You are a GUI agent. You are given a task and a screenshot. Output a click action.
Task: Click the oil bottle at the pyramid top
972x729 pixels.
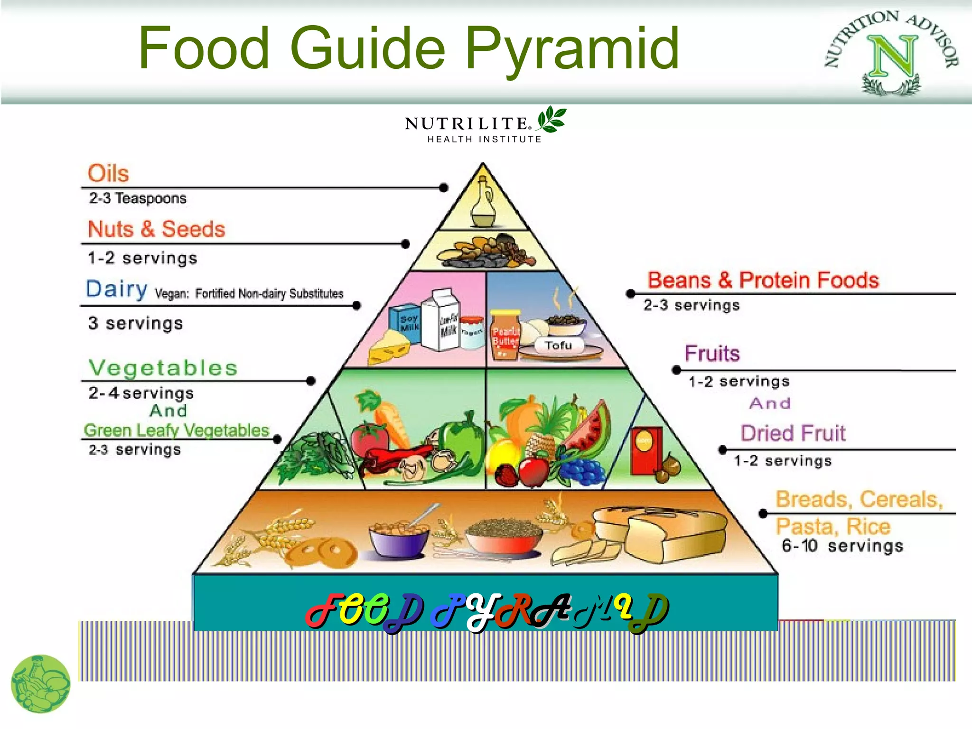pos(483,205)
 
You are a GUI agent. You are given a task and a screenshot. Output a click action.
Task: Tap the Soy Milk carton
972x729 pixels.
pos(407,324)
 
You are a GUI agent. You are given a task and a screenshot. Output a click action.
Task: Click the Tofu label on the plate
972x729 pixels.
pos(558,345)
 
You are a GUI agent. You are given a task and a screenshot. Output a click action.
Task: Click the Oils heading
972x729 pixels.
pos(108,173)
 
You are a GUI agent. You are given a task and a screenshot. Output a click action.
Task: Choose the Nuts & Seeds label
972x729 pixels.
pos(156,229)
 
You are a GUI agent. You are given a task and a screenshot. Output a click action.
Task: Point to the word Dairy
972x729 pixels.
pos(116,289)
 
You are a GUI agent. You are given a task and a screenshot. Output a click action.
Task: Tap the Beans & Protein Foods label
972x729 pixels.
pos(763,280)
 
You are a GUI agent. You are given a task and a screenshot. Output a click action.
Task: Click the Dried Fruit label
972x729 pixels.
pos(793,433)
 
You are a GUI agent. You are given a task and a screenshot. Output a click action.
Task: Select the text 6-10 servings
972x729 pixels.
pos(841,546)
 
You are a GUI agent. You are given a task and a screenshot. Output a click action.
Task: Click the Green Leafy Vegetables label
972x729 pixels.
pos(177,430)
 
